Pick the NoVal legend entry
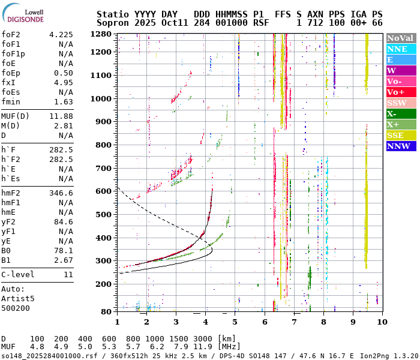click(401, 38)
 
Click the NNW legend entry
click(401, 146)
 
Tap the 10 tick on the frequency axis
click(382, 322)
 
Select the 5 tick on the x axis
click(235, 322)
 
